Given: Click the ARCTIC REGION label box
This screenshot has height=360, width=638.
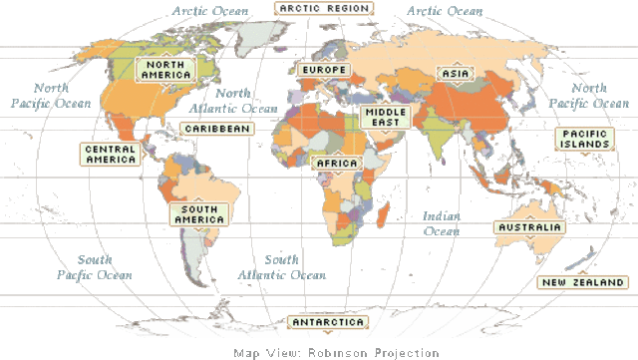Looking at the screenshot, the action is pos(324,8).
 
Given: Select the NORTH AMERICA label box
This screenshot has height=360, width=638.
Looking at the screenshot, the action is pos(165,70).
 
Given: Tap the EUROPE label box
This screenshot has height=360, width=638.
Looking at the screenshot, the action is pos(321,70).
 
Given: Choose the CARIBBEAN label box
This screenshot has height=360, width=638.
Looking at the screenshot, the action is pos(217,129).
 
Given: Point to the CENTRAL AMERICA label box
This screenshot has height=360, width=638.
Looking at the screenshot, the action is pos(111,154).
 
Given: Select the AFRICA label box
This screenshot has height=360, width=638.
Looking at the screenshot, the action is pos(337,164).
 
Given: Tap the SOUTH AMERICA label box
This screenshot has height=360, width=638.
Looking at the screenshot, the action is pos(200,213).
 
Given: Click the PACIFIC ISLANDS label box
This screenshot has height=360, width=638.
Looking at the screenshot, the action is pos(584,139).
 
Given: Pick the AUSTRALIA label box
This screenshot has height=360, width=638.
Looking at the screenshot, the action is pos(529,227).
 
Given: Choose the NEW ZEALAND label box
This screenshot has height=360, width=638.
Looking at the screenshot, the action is pos(582,282).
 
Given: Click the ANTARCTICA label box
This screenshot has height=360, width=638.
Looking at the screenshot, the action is pos(328,322).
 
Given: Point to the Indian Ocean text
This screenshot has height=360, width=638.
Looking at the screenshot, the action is pos(442,223).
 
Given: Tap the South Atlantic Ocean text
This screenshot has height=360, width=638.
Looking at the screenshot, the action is pos(282,267).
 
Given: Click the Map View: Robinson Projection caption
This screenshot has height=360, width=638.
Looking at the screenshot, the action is pos(336,352).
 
